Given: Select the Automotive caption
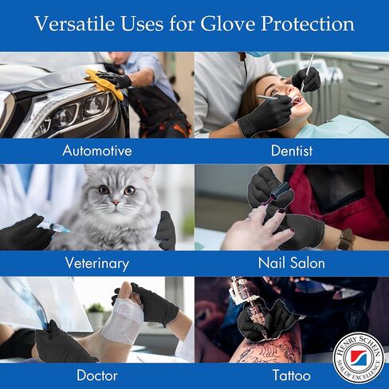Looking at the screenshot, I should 97,150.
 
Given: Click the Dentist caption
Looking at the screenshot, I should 291,150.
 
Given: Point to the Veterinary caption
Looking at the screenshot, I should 97,262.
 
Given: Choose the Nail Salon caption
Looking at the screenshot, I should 291,262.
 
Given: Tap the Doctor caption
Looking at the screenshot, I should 97,375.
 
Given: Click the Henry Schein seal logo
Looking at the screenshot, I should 358,357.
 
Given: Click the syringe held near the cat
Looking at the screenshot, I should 53,226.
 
